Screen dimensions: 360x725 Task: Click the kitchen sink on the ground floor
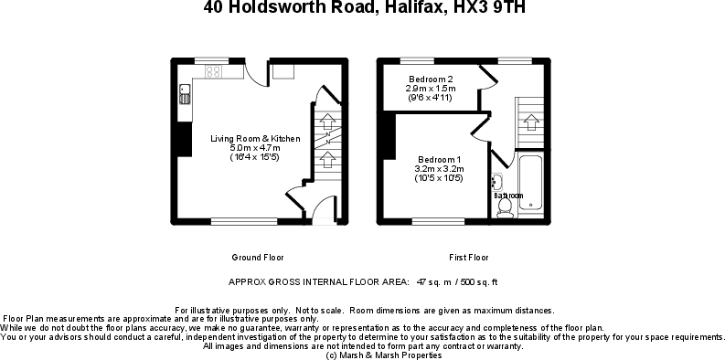[184, 94]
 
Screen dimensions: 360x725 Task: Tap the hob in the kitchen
[215, 70]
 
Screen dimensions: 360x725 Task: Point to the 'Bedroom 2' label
[431, 79]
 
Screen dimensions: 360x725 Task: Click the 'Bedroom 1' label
[440, 160]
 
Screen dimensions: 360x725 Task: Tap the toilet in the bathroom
[504, 206]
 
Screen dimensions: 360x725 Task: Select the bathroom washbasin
[496, 181]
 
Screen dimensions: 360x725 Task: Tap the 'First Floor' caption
[469, 257]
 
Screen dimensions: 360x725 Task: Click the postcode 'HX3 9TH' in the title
[489, 9]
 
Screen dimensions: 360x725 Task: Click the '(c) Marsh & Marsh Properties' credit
[362, 355]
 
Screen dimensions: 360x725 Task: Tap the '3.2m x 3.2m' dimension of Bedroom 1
[440, 169]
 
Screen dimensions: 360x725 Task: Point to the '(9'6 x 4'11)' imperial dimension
[431, 97]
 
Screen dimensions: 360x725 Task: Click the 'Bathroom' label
[508, 195]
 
